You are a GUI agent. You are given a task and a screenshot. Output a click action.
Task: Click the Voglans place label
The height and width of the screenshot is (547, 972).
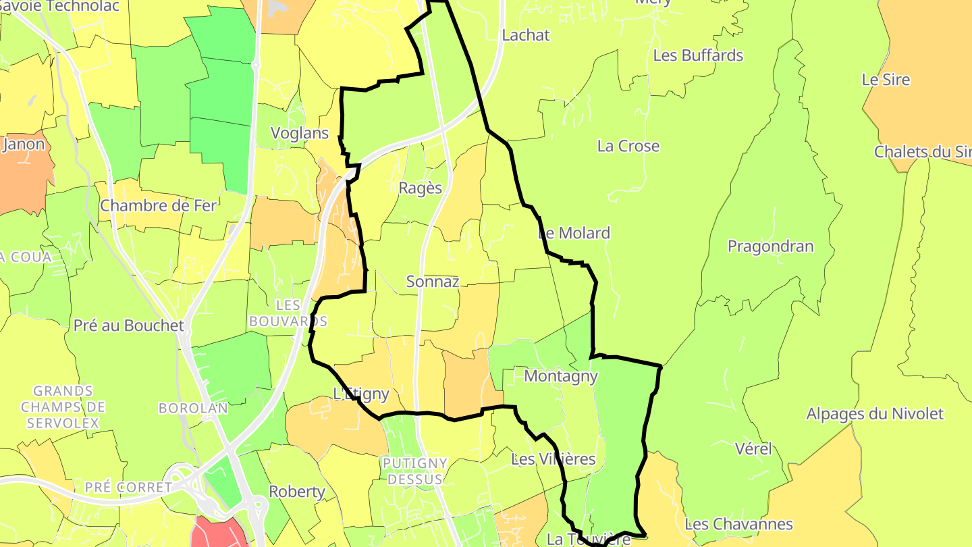(300, 134)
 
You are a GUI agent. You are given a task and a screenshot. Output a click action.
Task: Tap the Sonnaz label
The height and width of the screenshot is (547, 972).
(433, 282)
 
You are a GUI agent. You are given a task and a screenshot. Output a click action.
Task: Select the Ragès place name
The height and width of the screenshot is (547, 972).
(421, 188)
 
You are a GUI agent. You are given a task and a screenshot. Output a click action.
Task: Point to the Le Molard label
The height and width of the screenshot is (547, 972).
(574, 234)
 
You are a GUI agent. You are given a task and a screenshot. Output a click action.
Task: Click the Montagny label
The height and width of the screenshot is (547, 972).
(561, 376)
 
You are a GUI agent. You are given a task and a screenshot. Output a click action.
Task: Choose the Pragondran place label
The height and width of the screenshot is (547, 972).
(770, 246)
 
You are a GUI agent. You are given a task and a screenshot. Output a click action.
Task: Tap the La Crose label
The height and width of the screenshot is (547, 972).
(628, 147)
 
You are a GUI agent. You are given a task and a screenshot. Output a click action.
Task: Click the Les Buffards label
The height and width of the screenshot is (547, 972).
(698, 55)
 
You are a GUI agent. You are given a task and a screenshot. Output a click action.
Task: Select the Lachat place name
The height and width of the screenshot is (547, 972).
(526, 35)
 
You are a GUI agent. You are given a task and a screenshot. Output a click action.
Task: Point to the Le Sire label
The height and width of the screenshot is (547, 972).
(886, 80)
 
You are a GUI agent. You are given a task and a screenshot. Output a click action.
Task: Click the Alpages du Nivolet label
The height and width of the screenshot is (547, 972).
(875, 414)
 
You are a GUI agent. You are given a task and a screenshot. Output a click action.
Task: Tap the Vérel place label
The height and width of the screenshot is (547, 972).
(753, 449)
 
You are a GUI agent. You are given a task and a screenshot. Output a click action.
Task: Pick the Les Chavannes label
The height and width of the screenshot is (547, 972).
(738, 524)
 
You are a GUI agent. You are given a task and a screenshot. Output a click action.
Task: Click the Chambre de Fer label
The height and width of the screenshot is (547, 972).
(158, 206)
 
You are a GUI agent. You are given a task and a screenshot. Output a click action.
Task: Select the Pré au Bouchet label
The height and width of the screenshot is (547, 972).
(128, 325)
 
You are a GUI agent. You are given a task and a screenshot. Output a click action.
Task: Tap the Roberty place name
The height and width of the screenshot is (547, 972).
(297, 492)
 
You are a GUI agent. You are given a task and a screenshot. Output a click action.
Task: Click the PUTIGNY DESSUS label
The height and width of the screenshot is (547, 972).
(415, 471)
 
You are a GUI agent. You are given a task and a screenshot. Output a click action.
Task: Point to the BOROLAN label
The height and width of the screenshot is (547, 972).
(184, 409)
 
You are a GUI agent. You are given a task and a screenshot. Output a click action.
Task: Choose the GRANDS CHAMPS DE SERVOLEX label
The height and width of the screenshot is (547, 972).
(63, 407)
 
